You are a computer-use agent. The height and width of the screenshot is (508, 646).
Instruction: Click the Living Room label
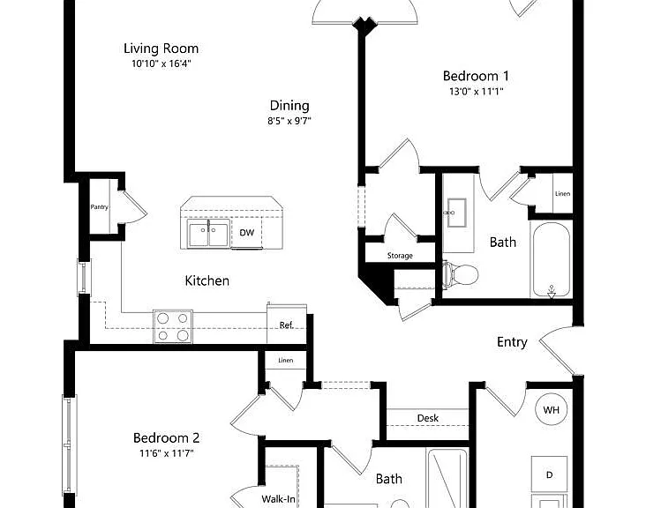(x=161, y=49)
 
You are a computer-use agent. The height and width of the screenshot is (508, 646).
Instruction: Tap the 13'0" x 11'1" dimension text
(x=477, y=92)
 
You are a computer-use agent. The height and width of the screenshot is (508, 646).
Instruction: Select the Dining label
(x=289, y=106)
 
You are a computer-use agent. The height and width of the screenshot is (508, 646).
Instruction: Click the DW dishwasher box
(x=247, y=233)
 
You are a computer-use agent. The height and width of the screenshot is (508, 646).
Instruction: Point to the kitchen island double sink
(x=209, y=233)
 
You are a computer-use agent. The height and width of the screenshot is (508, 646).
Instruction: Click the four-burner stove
(x=173, y=326)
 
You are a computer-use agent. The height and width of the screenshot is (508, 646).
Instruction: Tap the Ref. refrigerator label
(x=287, y=325)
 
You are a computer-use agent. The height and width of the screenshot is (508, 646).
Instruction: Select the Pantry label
(x=100, y=207)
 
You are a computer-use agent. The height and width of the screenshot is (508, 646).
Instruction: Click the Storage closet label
(x=400, y=256)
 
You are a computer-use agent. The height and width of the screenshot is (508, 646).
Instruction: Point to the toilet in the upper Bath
(x=461, y=274)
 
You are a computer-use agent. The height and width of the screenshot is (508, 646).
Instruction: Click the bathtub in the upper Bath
(x=552, y=260)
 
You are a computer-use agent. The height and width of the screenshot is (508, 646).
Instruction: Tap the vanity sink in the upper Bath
(x=456, y=213)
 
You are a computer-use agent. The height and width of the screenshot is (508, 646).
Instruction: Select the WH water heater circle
(x=552, y=409)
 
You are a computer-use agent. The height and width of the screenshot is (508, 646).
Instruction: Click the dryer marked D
(x=549, y=474)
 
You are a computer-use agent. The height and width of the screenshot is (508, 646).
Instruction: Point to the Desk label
(x=428, y=418)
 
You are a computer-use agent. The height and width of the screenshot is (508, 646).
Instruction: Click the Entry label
(x=512, y=342)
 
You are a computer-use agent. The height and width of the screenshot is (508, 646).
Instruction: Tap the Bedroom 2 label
(x=167, y=437)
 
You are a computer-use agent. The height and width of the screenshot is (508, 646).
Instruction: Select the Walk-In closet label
(x=279, y=499)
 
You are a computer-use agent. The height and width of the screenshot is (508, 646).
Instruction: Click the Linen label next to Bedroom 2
(x=286, y=360)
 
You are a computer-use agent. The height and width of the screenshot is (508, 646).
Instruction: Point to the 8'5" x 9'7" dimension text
(x=289, y=121)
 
